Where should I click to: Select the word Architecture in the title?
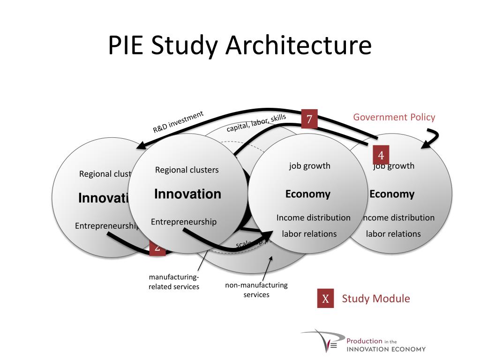coord(298,46)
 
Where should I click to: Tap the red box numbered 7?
coord(309,119)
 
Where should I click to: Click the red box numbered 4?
coord(381,155)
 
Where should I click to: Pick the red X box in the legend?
coord(325,299)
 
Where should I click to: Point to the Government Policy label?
coord(394,117)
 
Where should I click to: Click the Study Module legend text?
coord(375,299)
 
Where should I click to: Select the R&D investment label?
coord(179,122)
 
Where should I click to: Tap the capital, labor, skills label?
coord(256,123)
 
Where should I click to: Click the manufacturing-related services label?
coord(174,282)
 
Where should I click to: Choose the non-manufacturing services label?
coord(256,290)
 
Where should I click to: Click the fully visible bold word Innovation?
coord(187,194)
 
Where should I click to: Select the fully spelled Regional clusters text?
coord(187,170)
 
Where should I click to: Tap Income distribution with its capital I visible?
coord(313,217)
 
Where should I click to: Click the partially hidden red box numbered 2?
coord(157,249)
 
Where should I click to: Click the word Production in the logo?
coord(364,341)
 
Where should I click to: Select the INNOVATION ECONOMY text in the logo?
coord(386,349)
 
